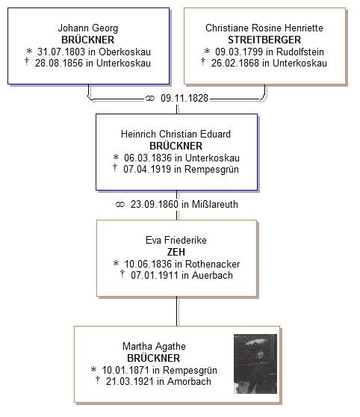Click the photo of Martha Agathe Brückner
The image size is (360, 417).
click(x=255, y=363)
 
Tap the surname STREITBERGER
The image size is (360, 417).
click(x=264, y=40)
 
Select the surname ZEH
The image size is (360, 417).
click(x=176, y=252)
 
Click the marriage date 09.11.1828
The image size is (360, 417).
click(x=184, y=98)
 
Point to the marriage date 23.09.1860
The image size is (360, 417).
click(x=154, y=204)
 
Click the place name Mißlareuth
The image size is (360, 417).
click(x=215, y=204)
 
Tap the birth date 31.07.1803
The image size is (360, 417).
click(x=61, y=52)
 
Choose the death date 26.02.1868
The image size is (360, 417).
click(x=235, y=63)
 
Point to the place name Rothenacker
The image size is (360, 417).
click(x=212, y=264)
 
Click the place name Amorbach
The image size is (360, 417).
click(x=189, y=381)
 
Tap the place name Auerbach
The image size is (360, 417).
click(x=212, y=275)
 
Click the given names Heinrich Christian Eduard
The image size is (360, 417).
click(x=176, y=134)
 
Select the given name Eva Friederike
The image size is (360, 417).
click(x=176, y=240)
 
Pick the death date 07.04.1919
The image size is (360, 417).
click(x=147, y=169)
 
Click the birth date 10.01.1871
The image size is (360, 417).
click(x=125, y=370)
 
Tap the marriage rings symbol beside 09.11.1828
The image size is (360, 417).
click(x=150, y=99)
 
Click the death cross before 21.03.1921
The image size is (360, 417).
click(x=98, y=380)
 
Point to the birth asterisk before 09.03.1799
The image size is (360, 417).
click(x=207, y=51)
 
